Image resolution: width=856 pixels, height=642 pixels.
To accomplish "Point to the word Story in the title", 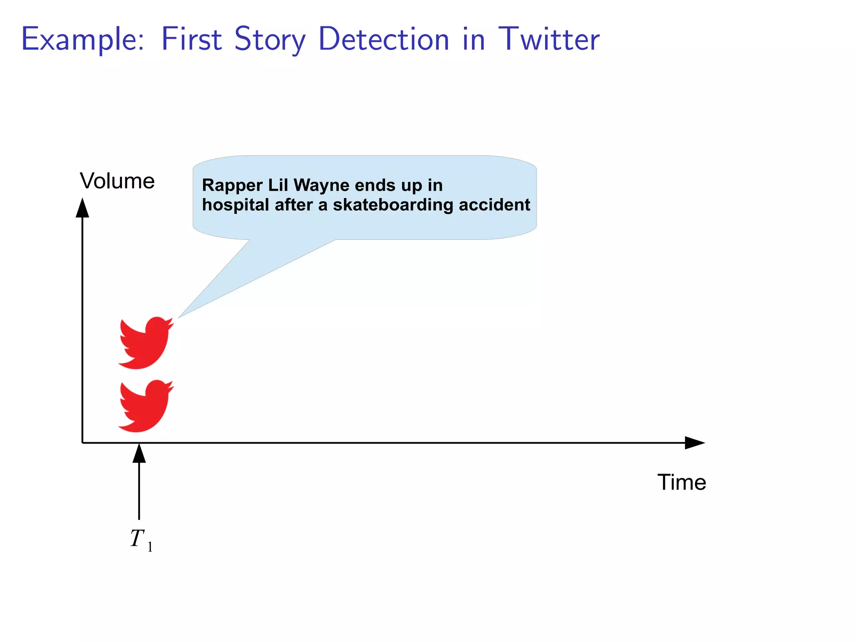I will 270,40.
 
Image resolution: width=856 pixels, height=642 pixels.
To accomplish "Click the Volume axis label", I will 117,181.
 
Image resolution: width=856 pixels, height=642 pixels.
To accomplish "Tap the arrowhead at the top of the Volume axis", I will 82,208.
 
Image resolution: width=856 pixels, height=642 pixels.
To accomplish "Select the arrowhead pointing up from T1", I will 139,453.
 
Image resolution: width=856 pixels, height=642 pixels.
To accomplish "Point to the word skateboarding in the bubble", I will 393,205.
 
